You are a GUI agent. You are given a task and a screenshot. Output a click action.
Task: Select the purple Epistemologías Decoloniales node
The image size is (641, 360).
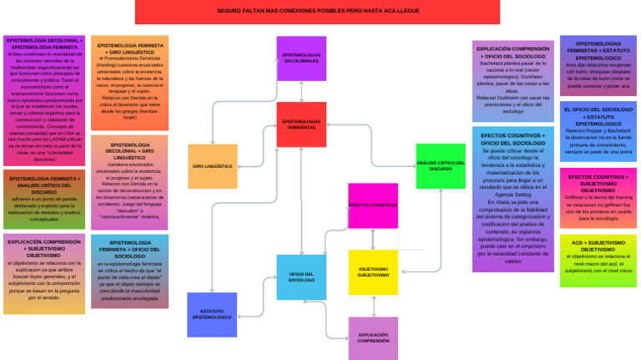point(301,58)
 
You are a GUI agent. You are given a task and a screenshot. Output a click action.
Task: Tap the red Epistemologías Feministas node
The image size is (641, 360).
point(301,124)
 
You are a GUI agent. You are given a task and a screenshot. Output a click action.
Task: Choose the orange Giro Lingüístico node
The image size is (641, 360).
point(213,166)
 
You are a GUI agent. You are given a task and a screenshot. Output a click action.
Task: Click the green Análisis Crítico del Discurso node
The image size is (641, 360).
point(440,166)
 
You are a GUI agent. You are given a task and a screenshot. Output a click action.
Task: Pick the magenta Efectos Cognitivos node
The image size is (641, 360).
point(372,205)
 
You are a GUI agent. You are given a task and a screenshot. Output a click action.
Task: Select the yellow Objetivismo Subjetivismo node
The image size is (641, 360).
point(372,271)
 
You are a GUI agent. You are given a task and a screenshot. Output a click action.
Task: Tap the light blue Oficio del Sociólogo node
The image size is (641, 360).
point(301,277)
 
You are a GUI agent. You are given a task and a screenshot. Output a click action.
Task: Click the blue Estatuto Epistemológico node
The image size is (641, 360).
point(212,315)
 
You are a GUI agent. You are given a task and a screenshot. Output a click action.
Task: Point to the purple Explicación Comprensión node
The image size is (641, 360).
point(373,337)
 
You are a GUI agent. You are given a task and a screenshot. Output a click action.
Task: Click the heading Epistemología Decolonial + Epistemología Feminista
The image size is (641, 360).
point(45,43)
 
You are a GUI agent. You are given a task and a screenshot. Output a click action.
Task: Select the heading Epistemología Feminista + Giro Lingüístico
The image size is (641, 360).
point(129,48)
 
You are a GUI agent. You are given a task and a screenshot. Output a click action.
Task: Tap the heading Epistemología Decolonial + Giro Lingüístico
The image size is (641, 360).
point(129,151)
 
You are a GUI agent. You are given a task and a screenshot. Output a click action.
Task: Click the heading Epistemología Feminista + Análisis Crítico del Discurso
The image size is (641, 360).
point(44,185)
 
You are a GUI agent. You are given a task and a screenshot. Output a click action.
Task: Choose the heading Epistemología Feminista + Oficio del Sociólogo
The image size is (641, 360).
point(129,249)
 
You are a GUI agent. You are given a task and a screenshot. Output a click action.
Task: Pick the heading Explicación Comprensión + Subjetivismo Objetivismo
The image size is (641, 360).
point(44,249)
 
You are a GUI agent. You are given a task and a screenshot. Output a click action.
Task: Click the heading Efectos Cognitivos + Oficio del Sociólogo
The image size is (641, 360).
point(512,139)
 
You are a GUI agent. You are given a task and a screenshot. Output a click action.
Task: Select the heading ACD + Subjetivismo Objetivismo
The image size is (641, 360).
point(598,246)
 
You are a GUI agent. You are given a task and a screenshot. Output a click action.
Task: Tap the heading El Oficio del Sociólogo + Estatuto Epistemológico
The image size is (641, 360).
point(598,116)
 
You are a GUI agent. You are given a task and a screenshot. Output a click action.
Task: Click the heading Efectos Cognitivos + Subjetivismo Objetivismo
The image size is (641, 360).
point(598,184)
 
